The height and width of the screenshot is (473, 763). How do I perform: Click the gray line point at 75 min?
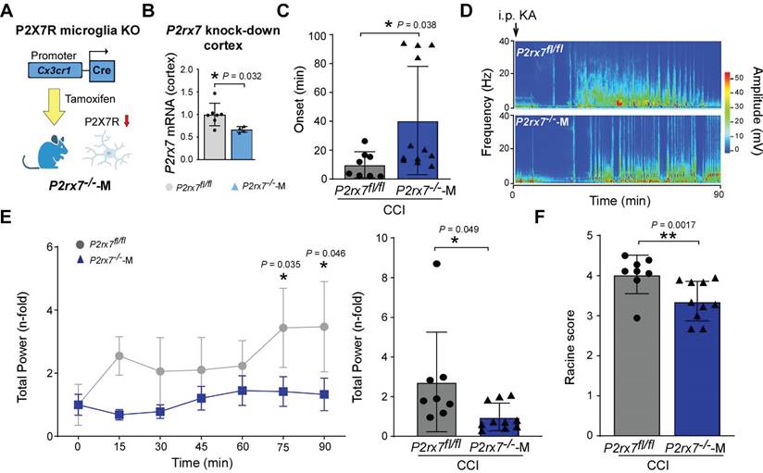283,328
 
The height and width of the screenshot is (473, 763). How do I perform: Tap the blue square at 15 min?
119,415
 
